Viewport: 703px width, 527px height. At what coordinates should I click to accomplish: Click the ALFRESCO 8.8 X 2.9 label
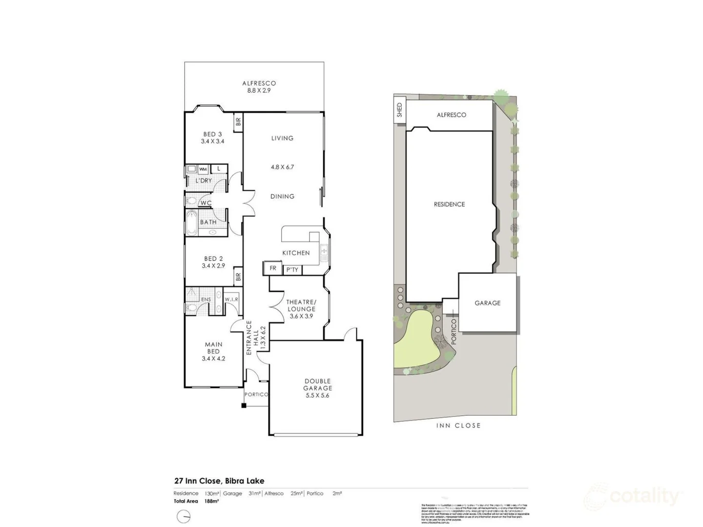259,87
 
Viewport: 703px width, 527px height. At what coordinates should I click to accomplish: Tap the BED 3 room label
212,138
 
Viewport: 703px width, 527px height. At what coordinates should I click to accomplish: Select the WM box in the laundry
203,169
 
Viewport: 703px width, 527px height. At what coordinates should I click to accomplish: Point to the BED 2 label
213,262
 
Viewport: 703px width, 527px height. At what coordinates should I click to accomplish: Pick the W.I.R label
231,299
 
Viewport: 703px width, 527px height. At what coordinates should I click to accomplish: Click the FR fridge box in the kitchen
273,268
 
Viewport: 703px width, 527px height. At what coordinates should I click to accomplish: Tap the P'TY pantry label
292,270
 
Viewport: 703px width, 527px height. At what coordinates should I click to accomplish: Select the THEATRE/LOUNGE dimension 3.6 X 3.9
301,316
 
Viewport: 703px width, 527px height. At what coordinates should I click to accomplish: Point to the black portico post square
244,405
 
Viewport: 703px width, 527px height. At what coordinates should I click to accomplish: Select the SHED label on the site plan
399,110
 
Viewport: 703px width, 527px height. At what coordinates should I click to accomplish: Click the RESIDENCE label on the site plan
449,204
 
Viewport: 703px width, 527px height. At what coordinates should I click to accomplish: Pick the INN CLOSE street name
458,426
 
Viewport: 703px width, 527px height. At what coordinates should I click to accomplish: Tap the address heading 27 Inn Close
219,481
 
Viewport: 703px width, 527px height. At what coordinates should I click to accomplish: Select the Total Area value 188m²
211,501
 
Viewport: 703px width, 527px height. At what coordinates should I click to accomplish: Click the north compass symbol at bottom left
184,516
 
